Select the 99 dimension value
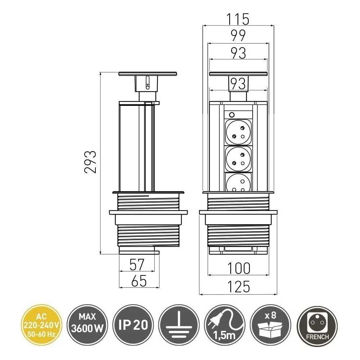(x=238, y=36)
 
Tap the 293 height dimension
(x=90, y=162)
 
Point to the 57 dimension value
(x=137, y=265)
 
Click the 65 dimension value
(x=139, y=281)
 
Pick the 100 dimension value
(x=239, y=268)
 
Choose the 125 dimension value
(x=238, y=287)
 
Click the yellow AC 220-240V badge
(x=41, y=325)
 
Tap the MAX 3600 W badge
(x=87, y=325)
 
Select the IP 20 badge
(x=133, y=325)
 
